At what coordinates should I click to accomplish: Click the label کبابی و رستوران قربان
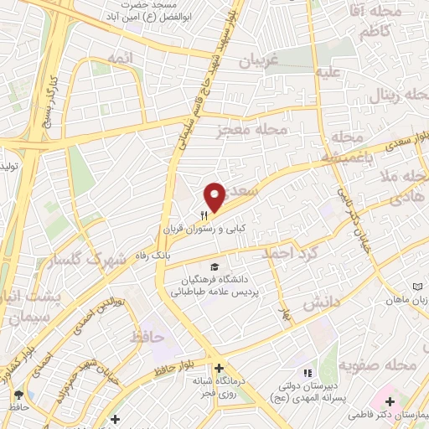[x=199, y=227]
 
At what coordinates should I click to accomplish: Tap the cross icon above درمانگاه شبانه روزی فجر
[x=219, y=368]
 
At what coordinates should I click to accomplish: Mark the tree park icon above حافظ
[x=18, y=393]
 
